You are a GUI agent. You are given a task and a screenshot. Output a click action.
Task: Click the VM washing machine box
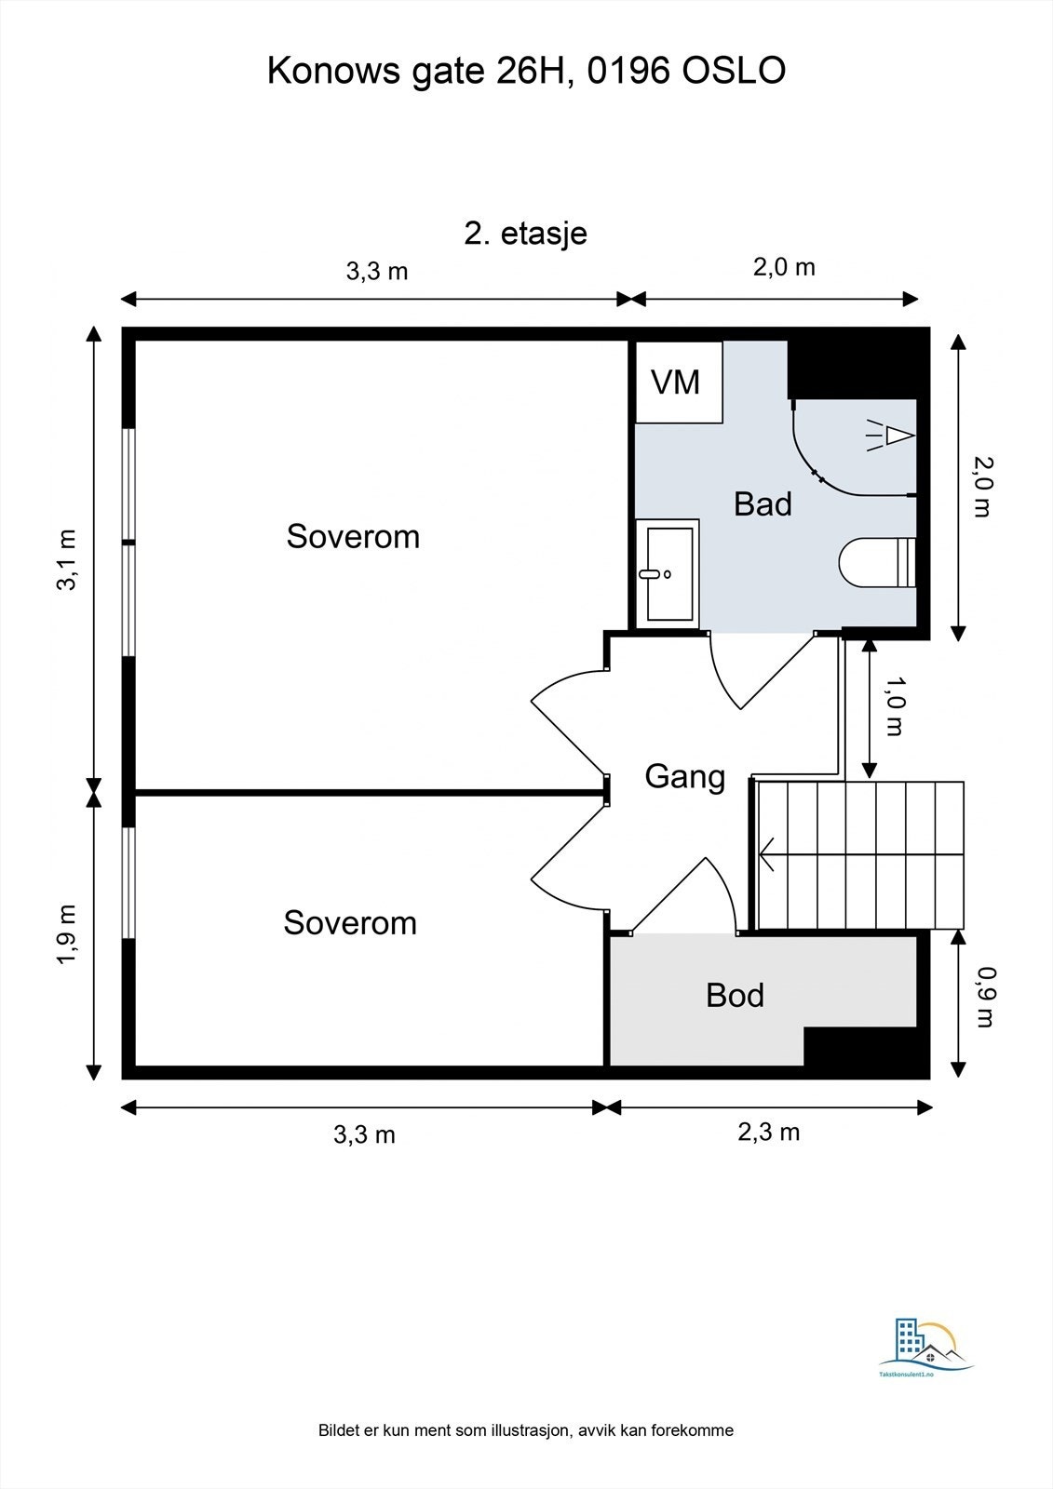[679, 382]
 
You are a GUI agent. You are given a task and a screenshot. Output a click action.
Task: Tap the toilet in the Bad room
[878, 562]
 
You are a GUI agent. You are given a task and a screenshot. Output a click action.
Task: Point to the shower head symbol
[890, 436]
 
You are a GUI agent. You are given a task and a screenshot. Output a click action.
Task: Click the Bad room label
[763, 503]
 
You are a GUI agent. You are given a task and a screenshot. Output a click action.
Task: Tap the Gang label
[684, 777]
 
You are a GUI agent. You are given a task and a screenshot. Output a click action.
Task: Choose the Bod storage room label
[735, 995]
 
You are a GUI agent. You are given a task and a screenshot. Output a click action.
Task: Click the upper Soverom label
[353, 536]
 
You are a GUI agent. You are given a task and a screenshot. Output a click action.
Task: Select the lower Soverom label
[350, 922]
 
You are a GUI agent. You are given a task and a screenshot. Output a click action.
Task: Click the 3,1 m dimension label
[66, 559]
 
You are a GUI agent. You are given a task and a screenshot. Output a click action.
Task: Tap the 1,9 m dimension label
[66, 934]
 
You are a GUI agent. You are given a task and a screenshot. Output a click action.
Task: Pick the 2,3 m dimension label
[768, 1132]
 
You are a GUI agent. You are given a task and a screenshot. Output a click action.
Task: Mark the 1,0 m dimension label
[894, 706]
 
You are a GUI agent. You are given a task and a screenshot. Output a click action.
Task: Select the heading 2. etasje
[525, 234]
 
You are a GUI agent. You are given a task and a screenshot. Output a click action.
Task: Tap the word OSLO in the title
[735, 71]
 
